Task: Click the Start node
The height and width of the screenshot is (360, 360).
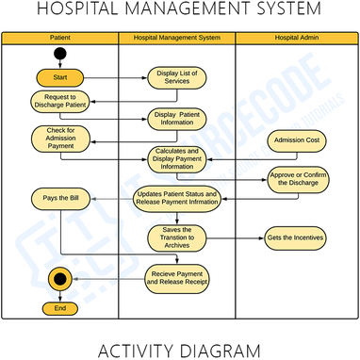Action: pyautogui.click(x=60, y=76)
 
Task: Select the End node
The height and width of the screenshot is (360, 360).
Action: pyautogui.click(x=60, y=308)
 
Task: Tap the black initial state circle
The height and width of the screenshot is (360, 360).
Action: pyautogui.click(x=60, y=55)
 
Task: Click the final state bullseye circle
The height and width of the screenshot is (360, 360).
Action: pyautogui.click(x=60, y=279)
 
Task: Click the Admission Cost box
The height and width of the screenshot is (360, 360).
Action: pyautogui.click(x=295, y=141)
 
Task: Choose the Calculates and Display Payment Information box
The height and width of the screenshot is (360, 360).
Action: pyautogui.click(x=177, y=158)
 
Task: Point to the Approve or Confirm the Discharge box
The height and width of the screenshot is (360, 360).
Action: pyautogui.click(x=295, y=180)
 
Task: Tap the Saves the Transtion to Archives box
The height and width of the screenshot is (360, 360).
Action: pyautogui.click(x=176, y=237)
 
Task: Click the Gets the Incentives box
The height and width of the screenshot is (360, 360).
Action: pyautogui.click(x=295, y=237)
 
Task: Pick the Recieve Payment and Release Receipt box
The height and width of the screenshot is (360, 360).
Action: pyautogui.click(x=176, y=277)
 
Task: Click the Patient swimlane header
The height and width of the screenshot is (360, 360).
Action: pyautogui.click(x=59, y=38)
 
